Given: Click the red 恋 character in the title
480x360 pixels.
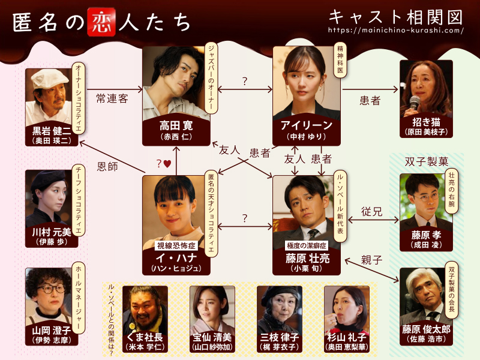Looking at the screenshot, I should click(x=99, y=20).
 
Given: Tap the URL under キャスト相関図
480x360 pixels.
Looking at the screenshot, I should click(x=396, y=29).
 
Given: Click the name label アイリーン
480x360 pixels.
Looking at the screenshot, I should click(x=307, y=125).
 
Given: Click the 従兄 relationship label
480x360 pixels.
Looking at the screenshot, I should click(x=371, y=211).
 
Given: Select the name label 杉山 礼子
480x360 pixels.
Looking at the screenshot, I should click(x=347, y=338).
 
